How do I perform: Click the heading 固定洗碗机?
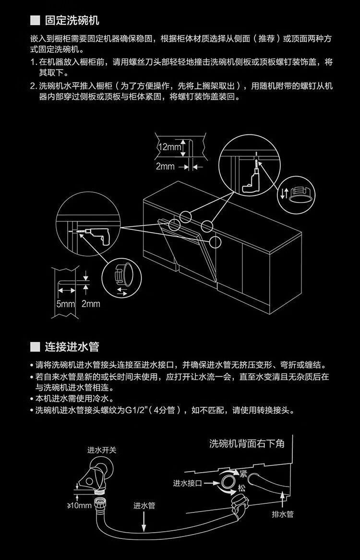point(72,21)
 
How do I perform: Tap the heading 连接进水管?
point(72,346)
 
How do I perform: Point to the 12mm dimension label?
point(170,147)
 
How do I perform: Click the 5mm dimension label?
point(66,303)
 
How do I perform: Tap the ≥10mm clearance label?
point(79,505)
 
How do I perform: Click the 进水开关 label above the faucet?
point(102,450)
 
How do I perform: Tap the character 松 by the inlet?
point(241,488)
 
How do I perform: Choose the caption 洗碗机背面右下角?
point(247,443)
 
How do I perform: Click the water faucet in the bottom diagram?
point(99,473)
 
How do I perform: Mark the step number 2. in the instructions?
point(34,86)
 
